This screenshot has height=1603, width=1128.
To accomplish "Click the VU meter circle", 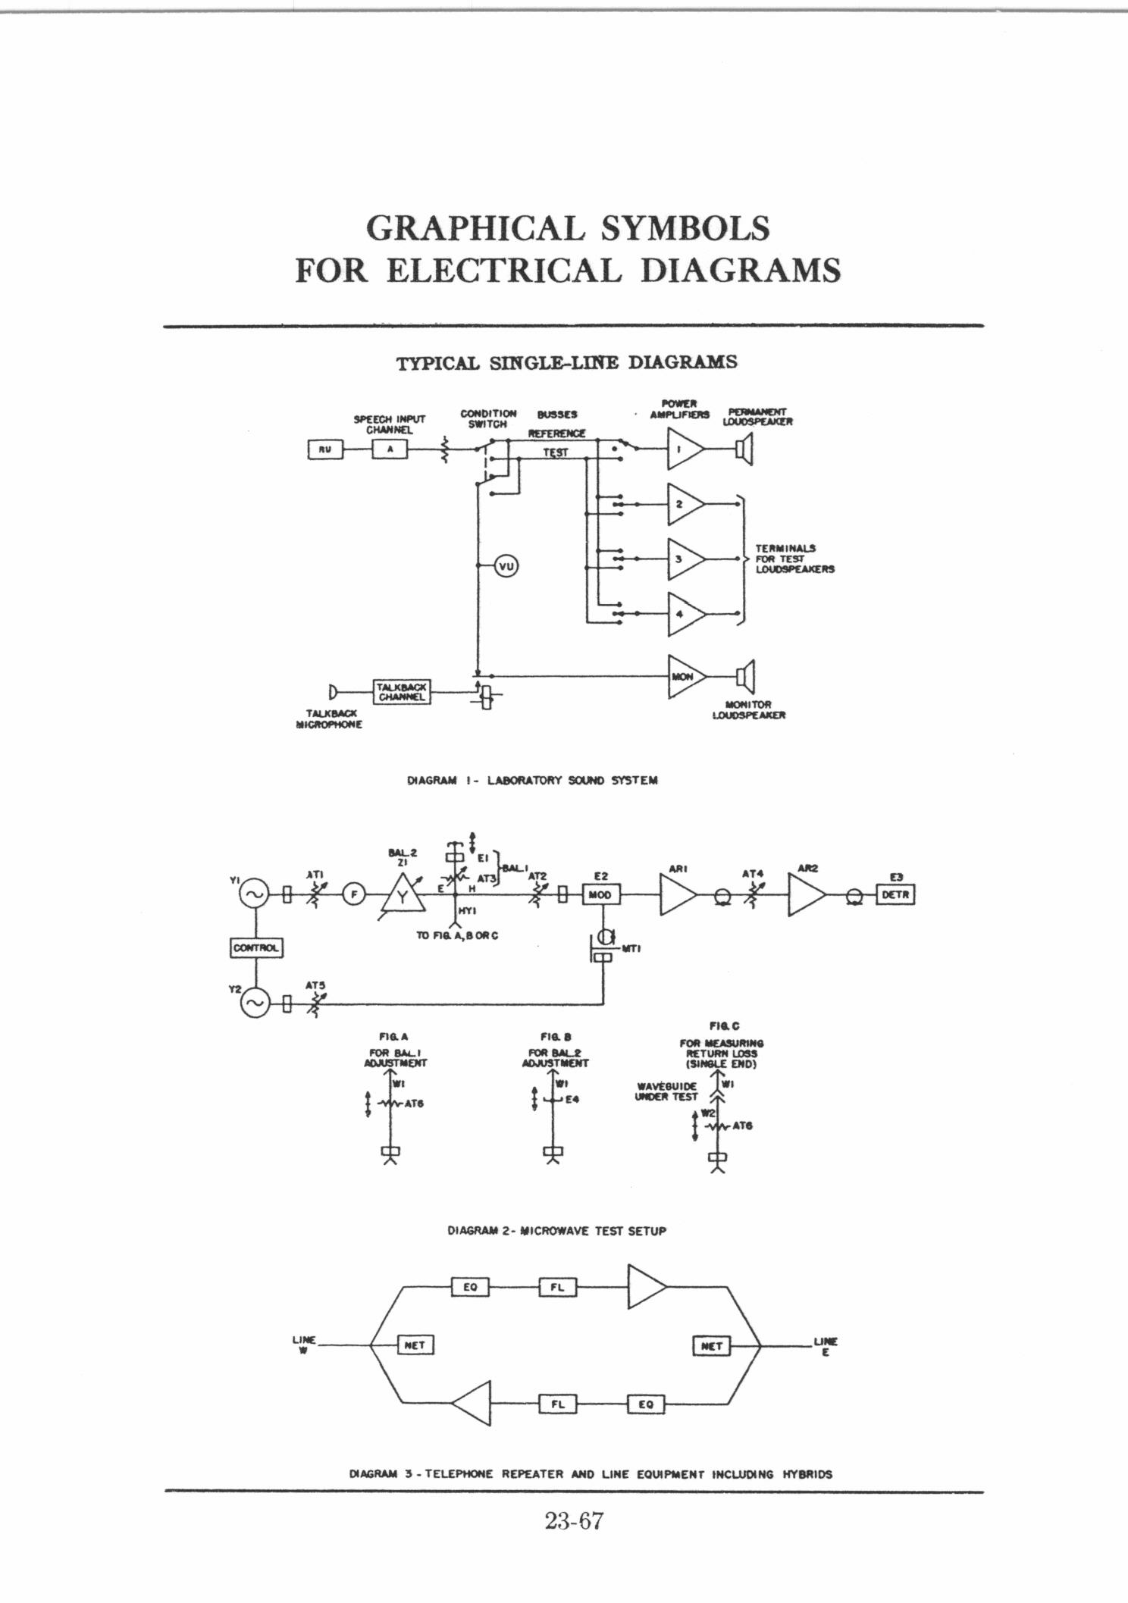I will pos(506,566).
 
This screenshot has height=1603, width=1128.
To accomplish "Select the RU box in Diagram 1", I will pos(325,449).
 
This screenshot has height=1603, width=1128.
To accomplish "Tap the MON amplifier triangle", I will pos(683,676).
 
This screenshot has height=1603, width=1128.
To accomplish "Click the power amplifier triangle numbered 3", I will pos(683,559).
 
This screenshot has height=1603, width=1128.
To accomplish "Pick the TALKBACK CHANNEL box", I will pos(401,691).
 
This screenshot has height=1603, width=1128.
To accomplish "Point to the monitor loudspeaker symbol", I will pos(745,676).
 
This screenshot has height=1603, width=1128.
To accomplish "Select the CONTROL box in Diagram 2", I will pos(255,947).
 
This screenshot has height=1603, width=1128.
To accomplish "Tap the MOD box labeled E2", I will pos(600,895).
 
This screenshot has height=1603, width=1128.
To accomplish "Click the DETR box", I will pos(895,895).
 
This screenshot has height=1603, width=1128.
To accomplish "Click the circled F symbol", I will pos(352,895).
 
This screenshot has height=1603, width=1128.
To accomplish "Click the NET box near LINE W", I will pos(415,1345).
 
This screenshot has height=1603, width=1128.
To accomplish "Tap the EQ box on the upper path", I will pos(470,1286).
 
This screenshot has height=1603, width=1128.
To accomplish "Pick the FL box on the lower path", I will pos(557,1404).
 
